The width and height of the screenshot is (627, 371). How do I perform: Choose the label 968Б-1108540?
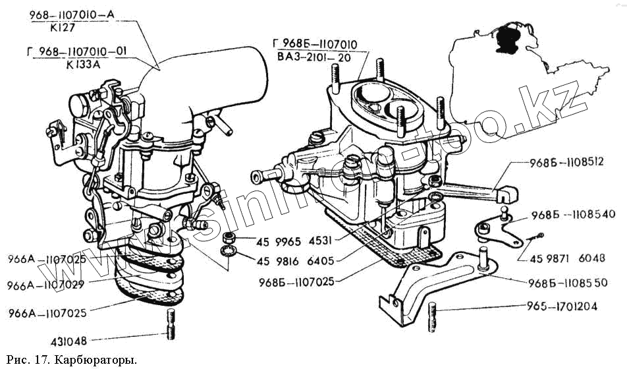click(573, 215)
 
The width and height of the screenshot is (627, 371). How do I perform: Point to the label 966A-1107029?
click(46, 286)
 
